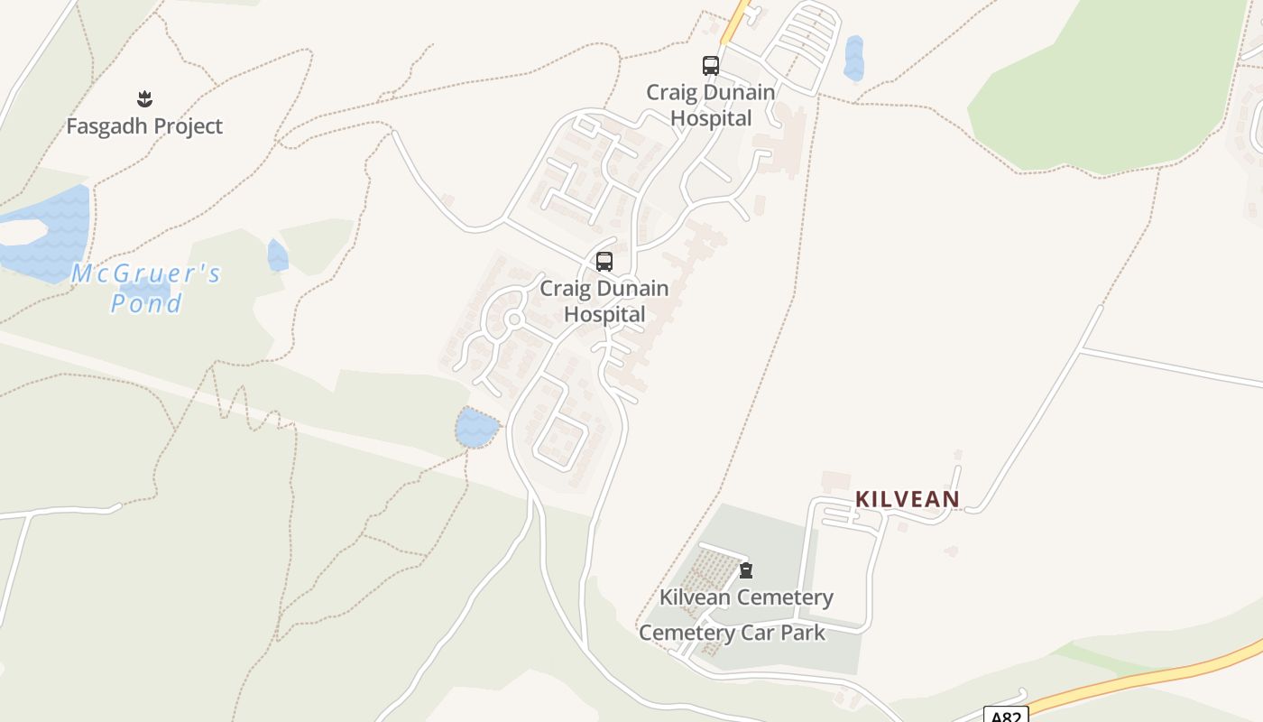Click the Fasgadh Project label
[x=144, y=126]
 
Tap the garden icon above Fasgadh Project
[x=144, y=98]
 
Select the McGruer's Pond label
[x=146, y=288]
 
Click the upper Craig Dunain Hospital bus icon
[x=711, y=66]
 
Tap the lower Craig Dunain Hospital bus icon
[x=604, y=262]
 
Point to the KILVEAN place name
[x=907, y=499]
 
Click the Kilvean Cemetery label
[x=746, y=597]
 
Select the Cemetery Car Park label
[x=732, y=633]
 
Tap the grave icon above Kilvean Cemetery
[x=746, y=570]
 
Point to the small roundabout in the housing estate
[x=514, y=319]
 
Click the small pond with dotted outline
[x=476, y=427]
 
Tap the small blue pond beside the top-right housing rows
[x=853, y=59]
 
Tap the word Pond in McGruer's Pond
[x=146, y=303]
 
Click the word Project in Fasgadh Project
[x=182, y=126]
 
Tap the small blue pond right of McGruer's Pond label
[x=278, y=255]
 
